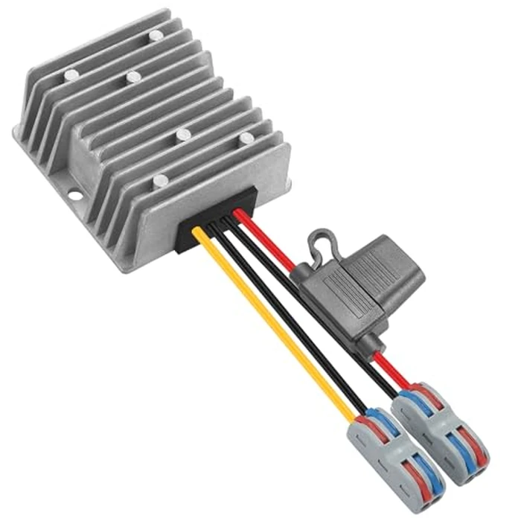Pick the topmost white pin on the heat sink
pos(155,35)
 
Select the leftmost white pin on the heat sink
pos(71,74)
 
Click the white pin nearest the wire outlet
pos(160,180)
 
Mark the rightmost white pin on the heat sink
pos(246,138)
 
